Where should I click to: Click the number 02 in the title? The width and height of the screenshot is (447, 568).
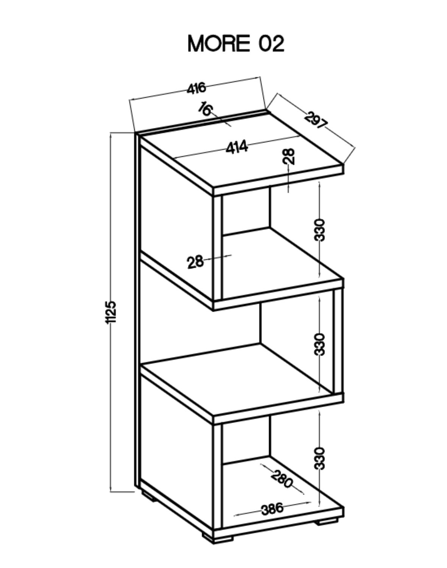click(x=271, y=44)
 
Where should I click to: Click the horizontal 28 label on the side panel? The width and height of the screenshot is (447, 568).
click(x=195, y=262)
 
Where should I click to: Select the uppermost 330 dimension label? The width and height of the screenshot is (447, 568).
click(x=319, y=229)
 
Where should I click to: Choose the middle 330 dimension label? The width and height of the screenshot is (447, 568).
click(x=319, y=344)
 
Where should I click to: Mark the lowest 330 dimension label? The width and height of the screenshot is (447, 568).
click(x=319, y=458)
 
